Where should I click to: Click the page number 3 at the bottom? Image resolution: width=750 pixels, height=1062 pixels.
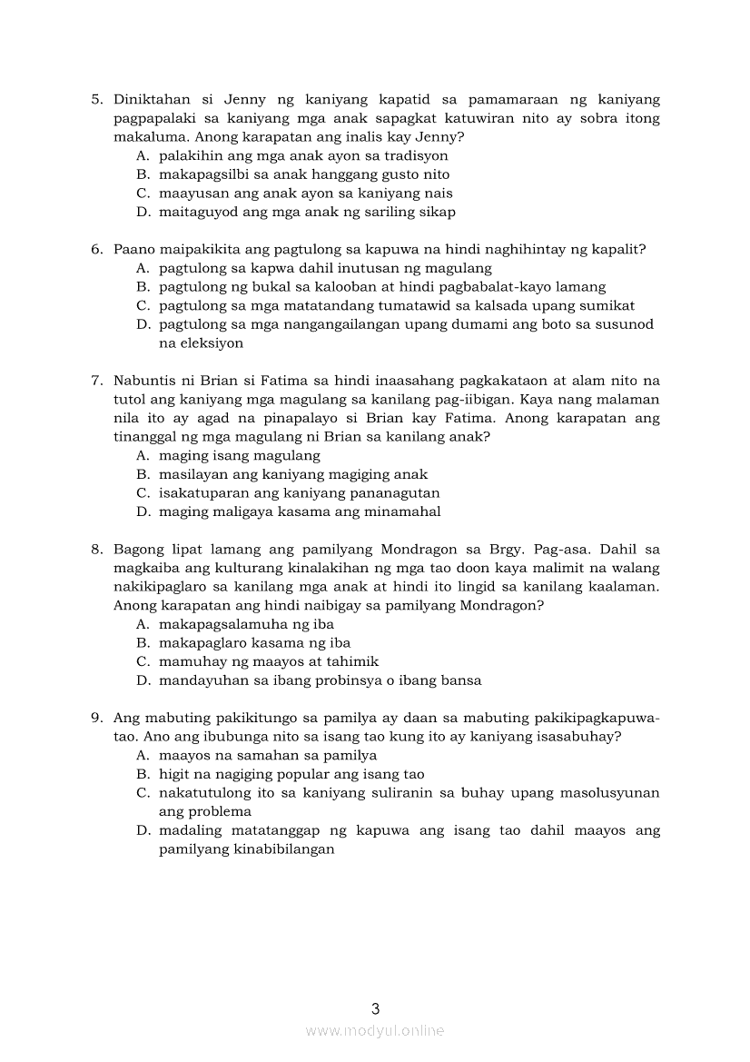tap(375, 1007)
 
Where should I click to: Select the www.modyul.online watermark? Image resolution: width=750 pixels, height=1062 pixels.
tap(375, 1030)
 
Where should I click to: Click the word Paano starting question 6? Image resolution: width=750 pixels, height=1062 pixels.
tap(135, 249)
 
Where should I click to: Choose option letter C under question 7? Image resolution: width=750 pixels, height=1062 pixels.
tap(143, 492)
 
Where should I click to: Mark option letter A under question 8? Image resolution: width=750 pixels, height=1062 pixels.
tap(143, 624)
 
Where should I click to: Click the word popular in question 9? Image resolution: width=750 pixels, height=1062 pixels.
tap(300, 774)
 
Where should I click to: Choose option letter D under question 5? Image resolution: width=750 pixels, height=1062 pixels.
tap(143, 212)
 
